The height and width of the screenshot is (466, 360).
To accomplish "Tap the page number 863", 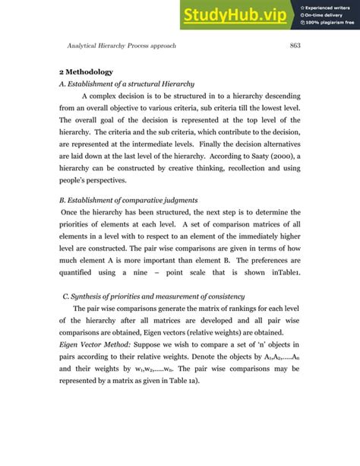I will pos(295,46).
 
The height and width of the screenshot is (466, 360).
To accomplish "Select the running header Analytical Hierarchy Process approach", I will pos(122,46).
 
